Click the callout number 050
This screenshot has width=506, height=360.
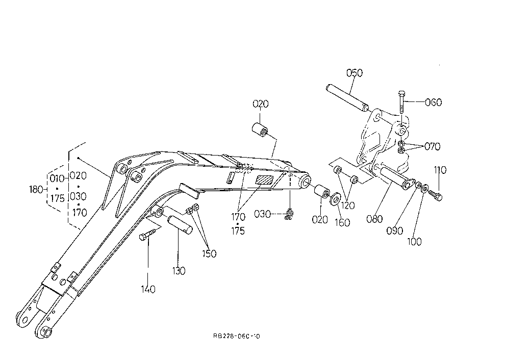point(355,73)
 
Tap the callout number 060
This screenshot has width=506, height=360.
point(433,102)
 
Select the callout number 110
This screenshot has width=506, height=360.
point(440,170)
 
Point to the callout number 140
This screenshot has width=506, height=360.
point(148,289)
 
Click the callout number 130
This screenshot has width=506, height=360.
point(179,271)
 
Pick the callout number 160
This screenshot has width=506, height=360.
point(342,223)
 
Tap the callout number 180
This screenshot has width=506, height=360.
point(36,189)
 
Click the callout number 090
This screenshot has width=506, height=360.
point(395,230)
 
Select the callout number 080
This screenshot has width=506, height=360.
point(374,219)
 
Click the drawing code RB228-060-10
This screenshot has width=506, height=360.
point(237,336)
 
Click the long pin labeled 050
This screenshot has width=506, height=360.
point(347,97)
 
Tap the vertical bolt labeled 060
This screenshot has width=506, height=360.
point(401,102)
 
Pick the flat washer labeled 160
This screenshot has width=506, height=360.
point(335,198)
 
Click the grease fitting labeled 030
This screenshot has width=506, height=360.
point(289,214)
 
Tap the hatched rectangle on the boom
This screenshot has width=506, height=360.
point(265,180)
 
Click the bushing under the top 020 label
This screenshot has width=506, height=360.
point(260,129)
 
